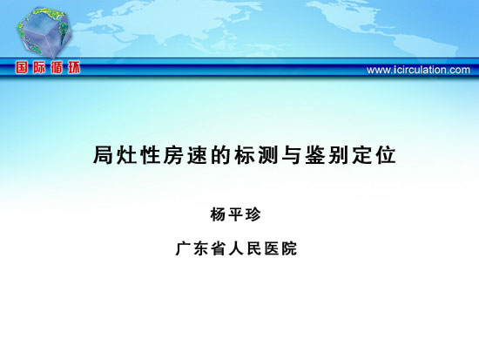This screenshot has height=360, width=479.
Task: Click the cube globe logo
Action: (44, 32)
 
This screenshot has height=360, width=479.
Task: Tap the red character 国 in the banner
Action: (22, 67)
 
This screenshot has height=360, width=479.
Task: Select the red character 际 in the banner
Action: (39, 67)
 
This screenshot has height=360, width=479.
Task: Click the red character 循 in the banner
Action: (57, 67)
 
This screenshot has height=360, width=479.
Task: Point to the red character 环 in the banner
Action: (74, 67)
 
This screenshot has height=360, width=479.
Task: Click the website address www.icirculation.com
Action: (418, 70)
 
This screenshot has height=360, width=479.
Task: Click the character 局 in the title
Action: (104, 155)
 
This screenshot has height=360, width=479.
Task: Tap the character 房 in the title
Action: (173, 155)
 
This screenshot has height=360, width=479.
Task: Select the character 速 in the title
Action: (197, 155)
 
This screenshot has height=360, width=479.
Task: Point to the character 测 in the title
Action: (267, 155)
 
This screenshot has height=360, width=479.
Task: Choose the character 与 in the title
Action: (291, 155)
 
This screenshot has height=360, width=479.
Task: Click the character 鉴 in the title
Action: (314, 155)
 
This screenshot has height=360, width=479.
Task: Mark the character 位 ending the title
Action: (386, 155)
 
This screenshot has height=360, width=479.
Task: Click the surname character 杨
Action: (218, 214)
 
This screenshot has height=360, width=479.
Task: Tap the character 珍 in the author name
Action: (253, 214)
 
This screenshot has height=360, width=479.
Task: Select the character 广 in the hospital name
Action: (183, 248)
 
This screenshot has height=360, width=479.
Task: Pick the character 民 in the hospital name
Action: (253, 248)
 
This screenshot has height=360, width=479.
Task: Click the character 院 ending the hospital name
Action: (289, 248)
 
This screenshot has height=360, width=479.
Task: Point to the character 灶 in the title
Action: (126, 155)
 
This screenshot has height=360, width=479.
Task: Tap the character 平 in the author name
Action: (235, 214)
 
